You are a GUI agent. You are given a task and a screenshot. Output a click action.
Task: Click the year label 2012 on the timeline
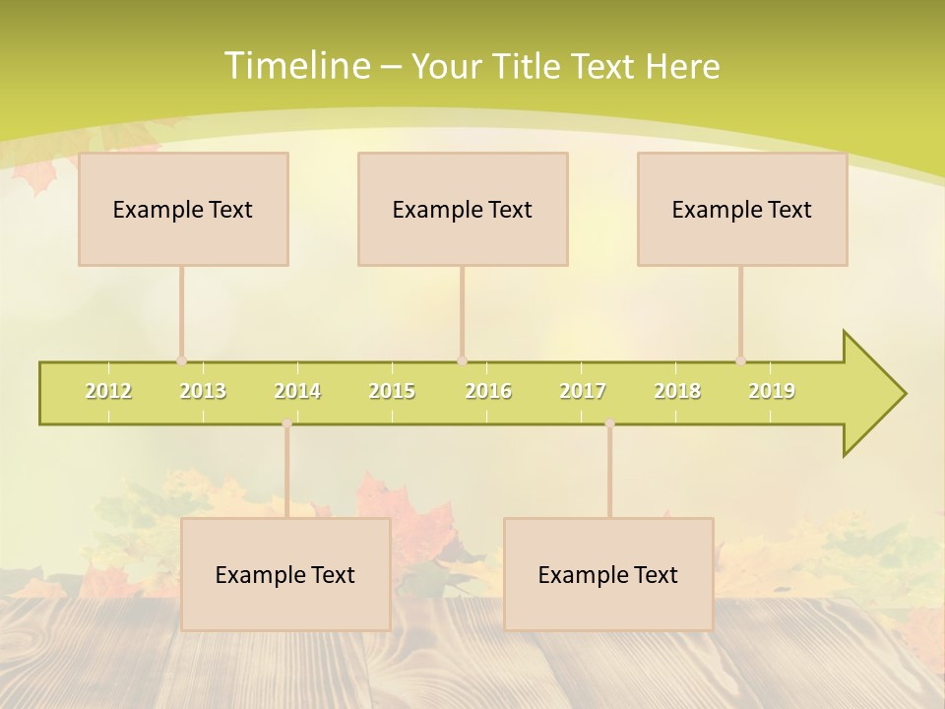[x=108, y=391]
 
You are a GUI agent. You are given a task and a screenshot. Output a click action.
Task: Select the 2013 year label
[x=203, y=391]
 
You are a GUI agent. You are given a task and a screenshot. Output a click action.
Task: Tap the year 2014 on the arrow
[x=297, y=391]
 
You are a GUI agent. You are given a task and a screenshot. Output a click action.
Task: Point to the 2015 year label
[x=392, y=391]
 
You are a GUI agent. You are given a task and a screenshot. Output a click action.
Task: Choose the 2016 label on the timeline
[x=488, y=391]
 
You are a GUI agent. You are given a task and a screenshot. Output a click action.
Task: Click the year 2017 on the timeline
[x=583, y=391]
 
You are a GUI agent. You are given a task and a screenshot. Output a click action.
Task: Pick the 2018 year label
[x=677, y=391]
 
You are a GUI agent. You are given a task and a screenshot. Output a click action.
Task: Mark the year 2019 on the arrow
[x=772, y=391]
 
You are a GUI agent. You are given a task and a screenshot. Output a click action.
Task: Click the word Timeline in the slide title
[x=295, y=66]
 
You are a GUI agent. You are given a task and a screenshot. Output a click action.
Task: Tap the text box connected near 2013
[x=183, y=209]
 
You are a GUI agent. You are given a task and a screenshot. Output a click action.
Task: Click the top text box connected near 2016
[x=463, y=209]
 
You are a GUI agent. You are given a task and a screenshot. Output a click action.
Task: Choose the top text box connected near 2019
[x=742, y=209]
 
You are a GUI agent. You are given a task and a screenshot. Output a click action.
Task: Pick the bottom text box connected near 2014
[x=285, y=574]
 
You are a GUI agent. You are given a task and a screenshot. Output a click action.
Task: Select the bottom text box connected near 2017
[x=608, y=574]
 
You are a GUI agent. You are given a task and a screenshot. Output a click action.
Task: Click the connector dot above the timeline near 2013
[x=181, y=361]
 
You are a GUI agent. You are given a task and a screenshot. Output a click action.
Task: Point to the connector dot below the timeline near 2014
[x=286, y=423]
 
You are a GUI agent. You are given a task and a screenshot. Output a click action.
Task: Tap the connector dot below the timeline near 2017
[x=609, y=423]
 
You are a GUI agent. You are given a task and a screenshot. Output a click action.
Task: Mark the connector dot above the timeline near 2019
[x=741, y=361]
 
